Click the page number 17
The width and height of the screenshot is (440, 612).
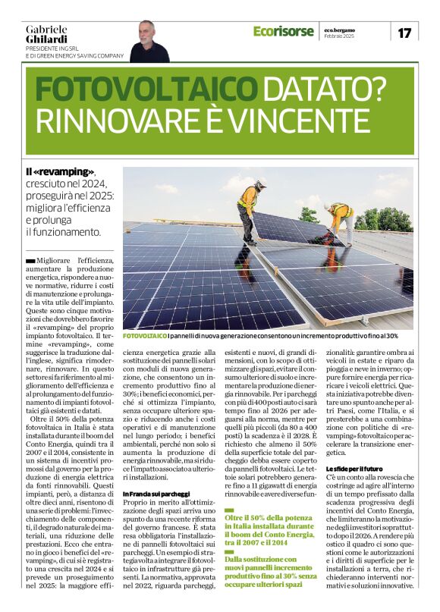(404, 33)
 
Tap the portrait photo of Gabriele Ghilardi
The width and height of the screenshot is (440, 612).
(149, 42)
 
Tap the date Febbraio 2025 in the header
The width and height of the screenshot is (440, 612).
(339, 36)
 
